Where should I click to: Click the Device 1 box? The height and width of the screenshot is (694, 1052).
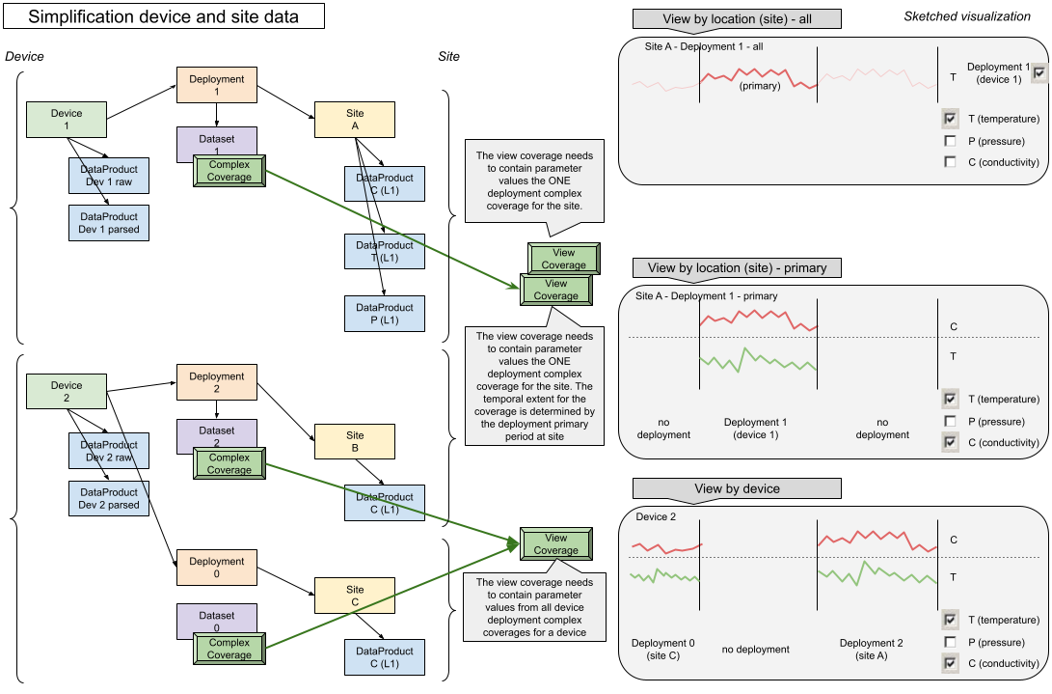pyautogui.click(x=67, y=120)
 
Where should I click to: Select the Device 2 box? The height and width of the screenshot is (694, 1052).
pyautogui.click(x=67, y=392)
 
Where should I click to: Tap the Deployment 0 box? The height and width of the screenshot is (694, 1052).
pyautogui.click(x=216, y=568)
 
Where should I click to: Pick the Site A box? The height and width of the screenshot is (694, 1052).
pyautogui.click(x=355, y=120)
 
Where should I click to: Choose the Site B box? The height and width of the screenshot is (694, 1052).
pyautogui.click(x=355, y=442)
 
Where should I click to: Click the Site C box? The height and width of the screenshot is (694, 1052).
pyautogui.click(x=355, y=596)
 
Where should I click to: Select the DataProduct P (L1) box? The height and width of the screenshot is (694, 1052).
pyautogui.click(x=385, y=314)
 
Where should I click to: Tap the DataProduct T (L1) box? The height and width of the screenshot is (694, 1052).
pyautogui.click(x=385, y=251)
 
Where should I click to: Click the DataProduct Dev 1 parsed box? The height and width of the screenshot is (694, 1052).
pyautogui.click(x=109, y=223)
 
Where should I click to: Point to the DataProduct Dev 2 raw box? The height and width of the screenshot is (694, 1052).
pyautogui.click(x=109, y=451)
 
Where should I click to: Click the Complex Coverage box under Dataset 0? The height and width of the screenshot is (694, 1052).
pyautogui.click(x=229, y=649)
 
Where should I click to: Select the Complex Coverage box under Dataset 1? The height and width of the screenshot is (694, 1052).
pyautogui.click(x=229, y=171)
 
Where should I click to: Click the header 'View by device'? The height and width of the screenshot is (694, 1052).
pyautogui.click(x=737, y=489)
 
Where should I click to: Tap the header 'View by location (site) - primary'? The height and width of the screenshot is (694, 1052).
pyautogui.click(x=737, y=267)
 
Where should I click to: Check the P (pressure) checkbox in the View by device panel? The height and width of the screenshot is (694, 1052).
pyautogui.click(x=950, y=642)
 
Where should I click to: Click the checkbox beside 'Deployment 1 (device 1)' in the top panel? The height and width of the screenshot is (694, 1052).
pyautogui.click(x=1039, y=73)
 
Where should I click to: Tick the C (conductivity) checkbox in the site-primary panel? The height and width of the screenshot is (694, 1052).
pyautogui.click(x=950, y=443)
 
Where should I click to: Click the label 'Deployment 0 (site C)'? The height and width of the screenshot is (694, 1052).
pyautogui.click(x=662, y=650)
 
